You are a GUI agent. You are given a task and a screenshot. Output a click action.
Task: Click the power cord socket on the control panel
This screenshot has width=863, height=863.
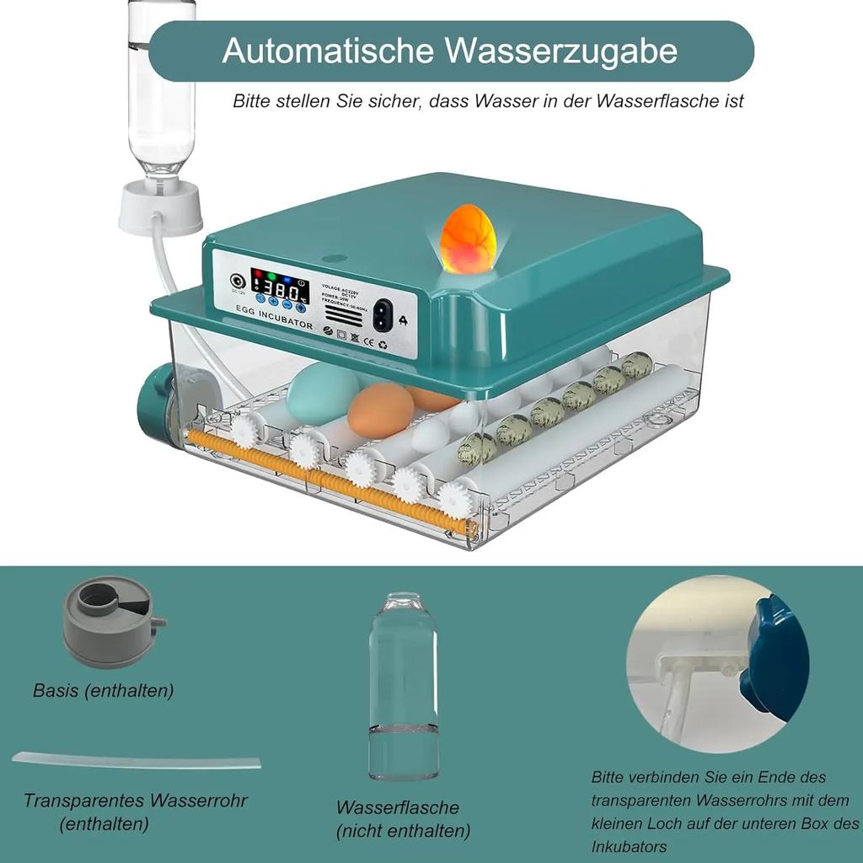(x=384, y=316)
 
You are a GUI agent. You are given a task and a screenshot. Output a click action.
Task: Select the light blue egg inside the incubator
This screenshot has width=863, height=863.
(x=322, y=393)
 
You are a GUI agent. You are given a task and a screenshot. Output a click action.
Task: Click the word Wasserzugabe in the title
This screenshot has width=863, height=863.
(x=560, y=51)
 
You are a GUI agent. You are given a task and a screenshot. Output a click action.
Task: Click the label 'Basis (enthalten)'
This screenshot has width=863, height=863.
(x=104, y=691)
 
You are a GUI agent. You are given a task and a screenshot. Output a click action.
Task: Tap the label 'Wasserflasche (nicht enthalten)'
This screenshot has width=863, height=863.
(x=403, y=819)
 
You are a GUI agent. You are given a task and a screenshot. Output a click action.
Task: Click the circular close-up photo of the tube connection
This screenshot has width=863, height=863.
(x=717, y=664)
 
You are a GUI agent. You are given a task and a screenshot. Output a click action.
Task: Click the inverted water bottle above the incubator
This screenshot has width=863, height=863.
(x=162, y=84)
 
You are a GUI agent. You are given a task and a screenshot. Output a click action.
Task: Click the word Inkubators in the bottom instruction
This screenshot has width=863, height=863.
(x=629, y=845)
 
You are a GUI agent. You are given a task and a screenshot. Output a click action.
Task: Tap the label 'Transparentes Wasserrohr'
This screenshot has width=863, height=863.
(x=135, y=801)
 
